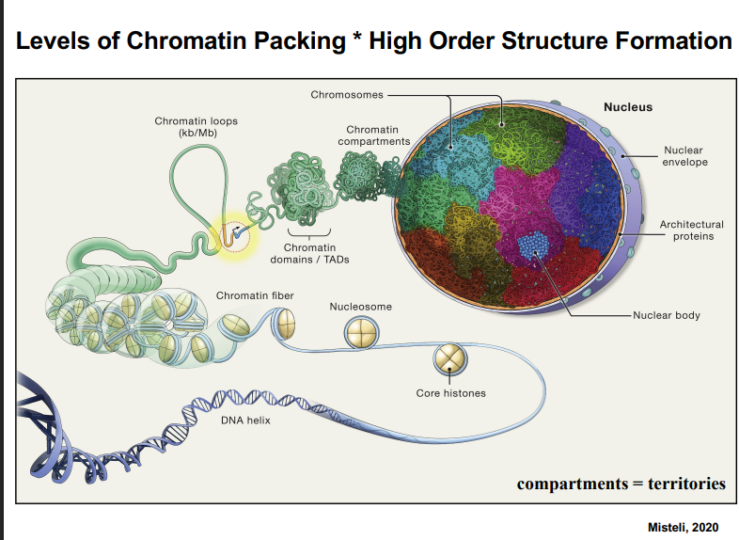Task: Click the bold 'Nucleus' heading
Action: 627,107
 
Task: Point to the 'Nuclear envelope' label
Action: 683,156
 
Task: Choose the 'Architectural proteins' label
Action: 691,230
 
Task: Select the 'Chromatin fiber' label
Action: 255,295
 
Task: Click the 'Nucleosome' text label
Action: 361,307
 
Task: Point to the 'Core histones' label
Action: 451,392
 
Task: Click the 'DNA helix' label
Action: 245,420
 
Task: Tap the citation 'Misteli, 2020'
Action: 684,527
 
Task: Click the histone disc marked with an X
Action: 449,358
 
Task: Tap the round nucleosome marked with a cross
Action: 360,333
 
